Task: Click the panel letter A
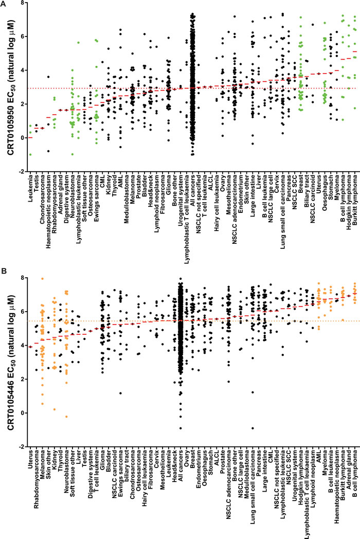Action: tap(5, 5)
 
